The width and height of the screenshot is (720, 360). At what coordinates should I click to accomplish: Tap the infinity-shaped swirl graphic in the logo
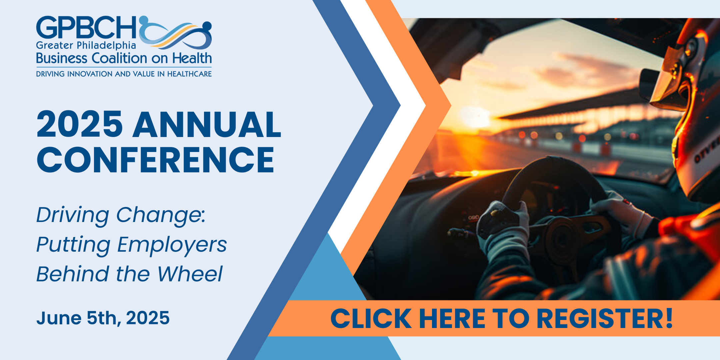click(x=175, y=33)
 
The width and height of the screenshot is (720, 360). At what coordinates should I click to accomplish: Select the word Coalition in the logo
click(x=119, y=58)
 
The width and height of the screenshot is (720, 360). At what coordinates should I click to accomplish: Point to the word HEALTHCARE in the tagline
click(x=189, y=74)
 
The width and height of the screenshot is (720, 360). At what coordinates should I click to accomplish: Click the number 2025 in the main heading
click(x=80, y=124)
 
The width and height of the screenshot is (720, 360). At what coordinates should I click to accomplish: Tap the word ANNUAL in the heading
click(x=207, y=124)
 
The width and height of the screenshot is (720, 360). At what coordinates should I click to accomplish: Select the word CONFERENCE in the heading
click(x=155, y=160)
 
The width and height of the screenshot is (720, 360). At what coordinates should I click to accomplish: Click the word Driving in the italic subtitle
click(x=73, y=215)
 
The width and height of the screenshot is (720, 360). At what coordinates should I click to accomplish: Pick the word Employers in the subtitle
click(x=172, y=245)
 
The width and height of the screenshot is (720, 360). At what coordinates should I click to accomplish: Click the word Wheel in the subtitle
click(x=190, y=274)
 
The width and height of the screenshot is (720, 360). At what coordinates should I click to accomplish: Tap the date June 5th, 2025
click(x=103, y=318)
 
